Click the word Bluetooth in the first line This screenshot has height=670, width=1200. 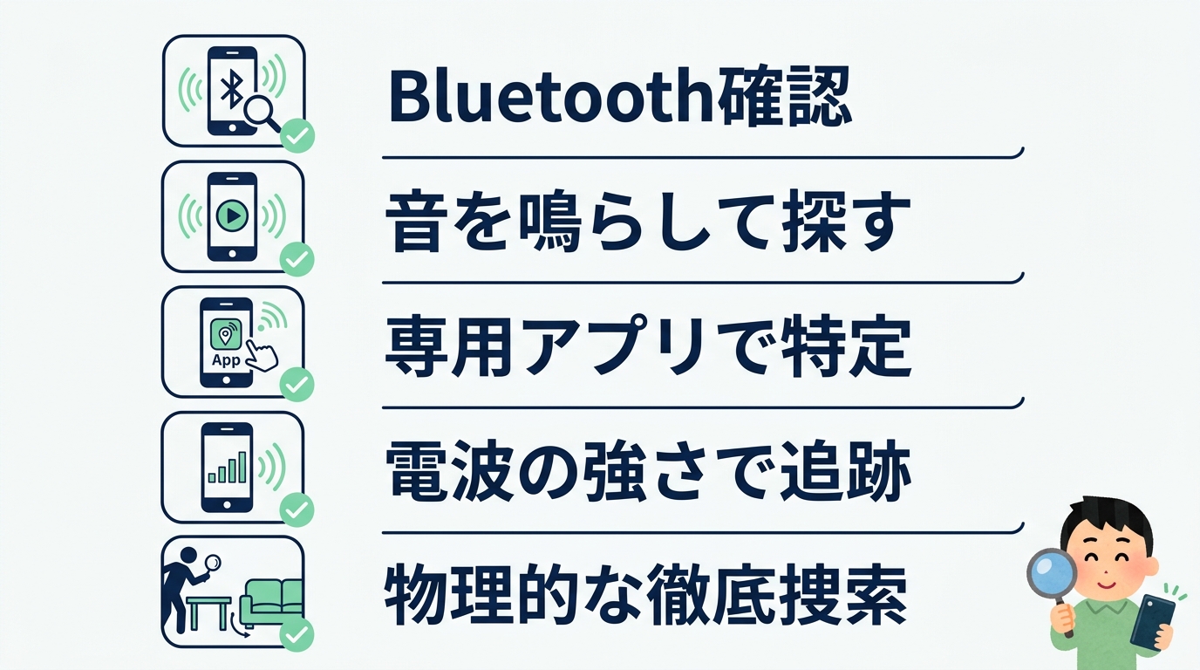tap(549, 100)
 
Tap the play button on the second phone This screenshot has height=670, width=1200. tap(233, 214)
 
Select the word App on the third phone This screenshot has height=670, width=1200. tap(226, 359)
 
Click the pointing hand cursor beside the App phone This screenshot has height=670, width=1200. tap(260, 353)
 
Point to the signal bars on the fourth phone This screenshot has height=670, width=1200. tap(230, 468)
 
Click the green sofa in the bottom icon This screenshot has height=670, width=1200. tap(271, 601)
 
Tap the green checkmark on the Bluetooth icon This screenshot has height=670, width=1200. tap(297, 136)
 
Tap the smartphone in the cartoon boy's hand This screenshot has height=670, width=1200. tap(1153, 621)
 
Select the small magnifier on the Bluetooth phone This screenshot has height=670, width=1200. tap(260, 112)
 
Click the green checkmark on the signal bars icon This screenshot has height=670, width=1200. tap(297, 509)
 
